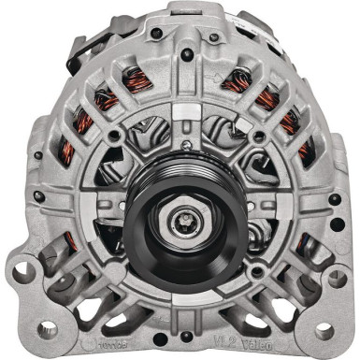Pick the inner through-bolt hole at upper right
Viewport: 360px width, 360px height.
248,137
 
